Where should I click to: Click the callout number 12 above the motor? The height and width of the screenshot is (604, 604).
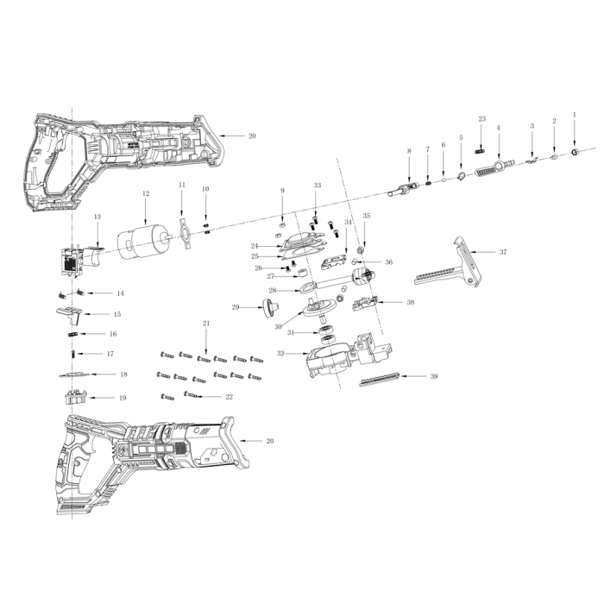(x=146, y=194)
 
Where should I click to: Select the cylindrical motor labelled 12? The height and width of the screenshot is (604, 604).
(x=143, y=242)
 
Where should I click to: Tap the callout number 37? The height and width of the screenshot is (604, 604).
(x=503, y=252)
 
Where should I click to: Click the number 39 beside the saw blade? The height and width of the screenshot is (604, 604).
(x=434, y=376)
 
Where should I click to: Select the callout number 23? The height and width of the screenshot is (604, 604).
(x=482, y=119)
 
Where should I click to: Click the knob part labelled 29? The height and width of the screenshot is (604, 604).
(x=270, y=307)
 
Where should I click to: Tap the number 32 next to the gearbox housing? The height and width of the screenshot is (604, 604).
(x=280, y=353)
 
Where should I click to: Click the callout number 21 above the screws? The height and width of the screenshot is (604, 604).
(x=206, y=324)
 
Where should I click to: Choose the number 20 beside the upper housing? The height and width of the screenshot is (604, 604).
(x=252, y=136)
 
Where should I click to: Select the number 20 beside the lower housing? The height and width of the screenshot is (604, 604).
(x=270, y=441)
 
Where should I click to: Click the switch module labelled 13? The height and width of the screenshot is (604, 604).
(x=79, y=260)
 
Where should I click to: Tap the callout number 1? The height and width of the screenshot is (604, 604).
(x=575, y=115)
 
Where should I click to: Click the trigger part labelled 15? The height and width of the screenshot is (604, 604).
(x=70, y=312)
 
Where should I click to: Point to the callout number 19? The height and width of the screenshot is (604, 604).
(x=123, y=398)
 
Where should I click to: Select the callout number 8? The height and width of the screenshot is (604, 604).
(x=409, y=151)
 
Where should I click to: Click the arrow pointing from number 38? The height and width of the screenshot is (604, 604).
(x=390, y=302)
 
